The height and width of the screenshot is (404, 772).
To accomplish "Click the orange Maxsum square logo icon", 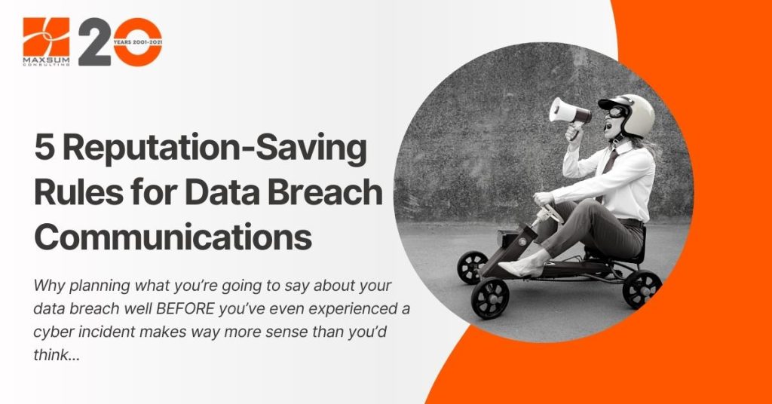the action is (46, 37).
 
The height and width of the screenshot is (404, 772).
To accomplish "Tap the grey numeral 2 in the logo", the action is (94, 41).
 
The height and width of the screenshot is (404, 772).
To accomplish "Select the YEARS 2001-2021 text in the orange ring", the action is (138, 42).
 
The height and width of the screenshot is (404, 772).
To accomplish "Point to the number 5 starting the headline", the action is (44, 148).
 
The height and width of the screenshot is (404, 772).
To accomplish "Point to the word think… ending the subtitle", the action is (56, 355).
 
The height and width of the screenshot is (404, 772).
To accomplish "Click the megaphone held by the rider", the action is (570, 112).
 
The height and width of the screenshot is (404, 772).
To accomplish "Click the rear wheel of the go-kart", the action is (642, 289).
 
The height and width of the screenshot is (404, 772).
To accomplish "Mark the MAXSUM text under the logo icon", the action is (46, 60).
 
